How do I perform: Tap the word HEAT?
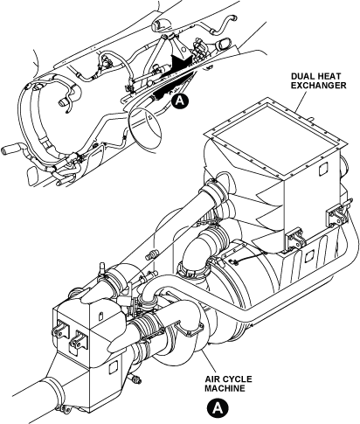click(x=330, y=77)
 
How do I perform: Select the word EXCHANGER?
click(x=319, y=86)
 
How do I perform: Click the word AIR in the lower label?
click(x=212, y=379)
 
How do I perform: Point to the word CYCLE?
click(x=237, y=379)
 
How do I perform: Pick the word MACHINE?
click(x=225, y=388)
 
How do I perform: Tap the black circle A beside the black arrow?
click(x=180, y=101)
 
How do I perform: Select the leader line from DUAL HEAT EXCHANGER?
click(x=301, y=101)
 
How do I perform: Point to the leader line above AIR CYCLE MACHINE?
click(x=210, y=361)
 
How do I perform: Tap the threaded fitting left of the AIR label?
click(x=135, y=379)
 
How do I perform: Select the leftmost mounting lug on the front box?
click(x=59, y=330)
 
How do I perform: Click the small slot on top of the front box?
click(x=100, y=316)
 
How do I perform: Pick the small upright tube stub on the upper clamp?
click(x=103, y=268)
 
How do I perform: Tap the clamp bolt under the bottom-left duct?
click(x=66, y=409)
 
